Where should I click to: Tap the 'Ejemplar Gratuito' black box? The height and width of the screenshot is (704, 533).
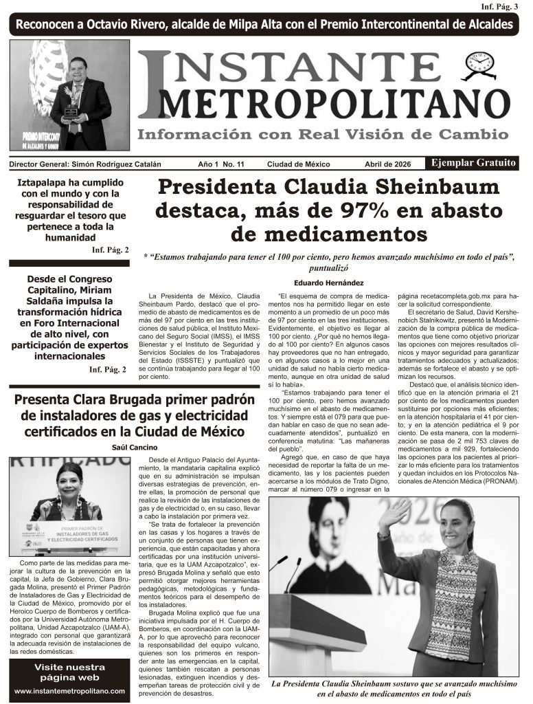[473, 163]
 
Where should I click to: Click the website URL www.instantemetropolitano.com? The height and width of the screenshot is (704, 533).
[69, 690]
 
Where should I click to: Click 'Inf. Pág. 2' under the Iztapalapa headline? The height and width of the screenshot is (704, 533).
[110, 250]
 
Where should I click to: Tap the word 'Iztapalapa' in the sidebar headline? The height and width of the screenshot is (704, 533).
[48, 183]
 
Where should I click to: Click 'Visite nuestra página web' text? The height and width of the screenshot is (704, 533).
[69, 672]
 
